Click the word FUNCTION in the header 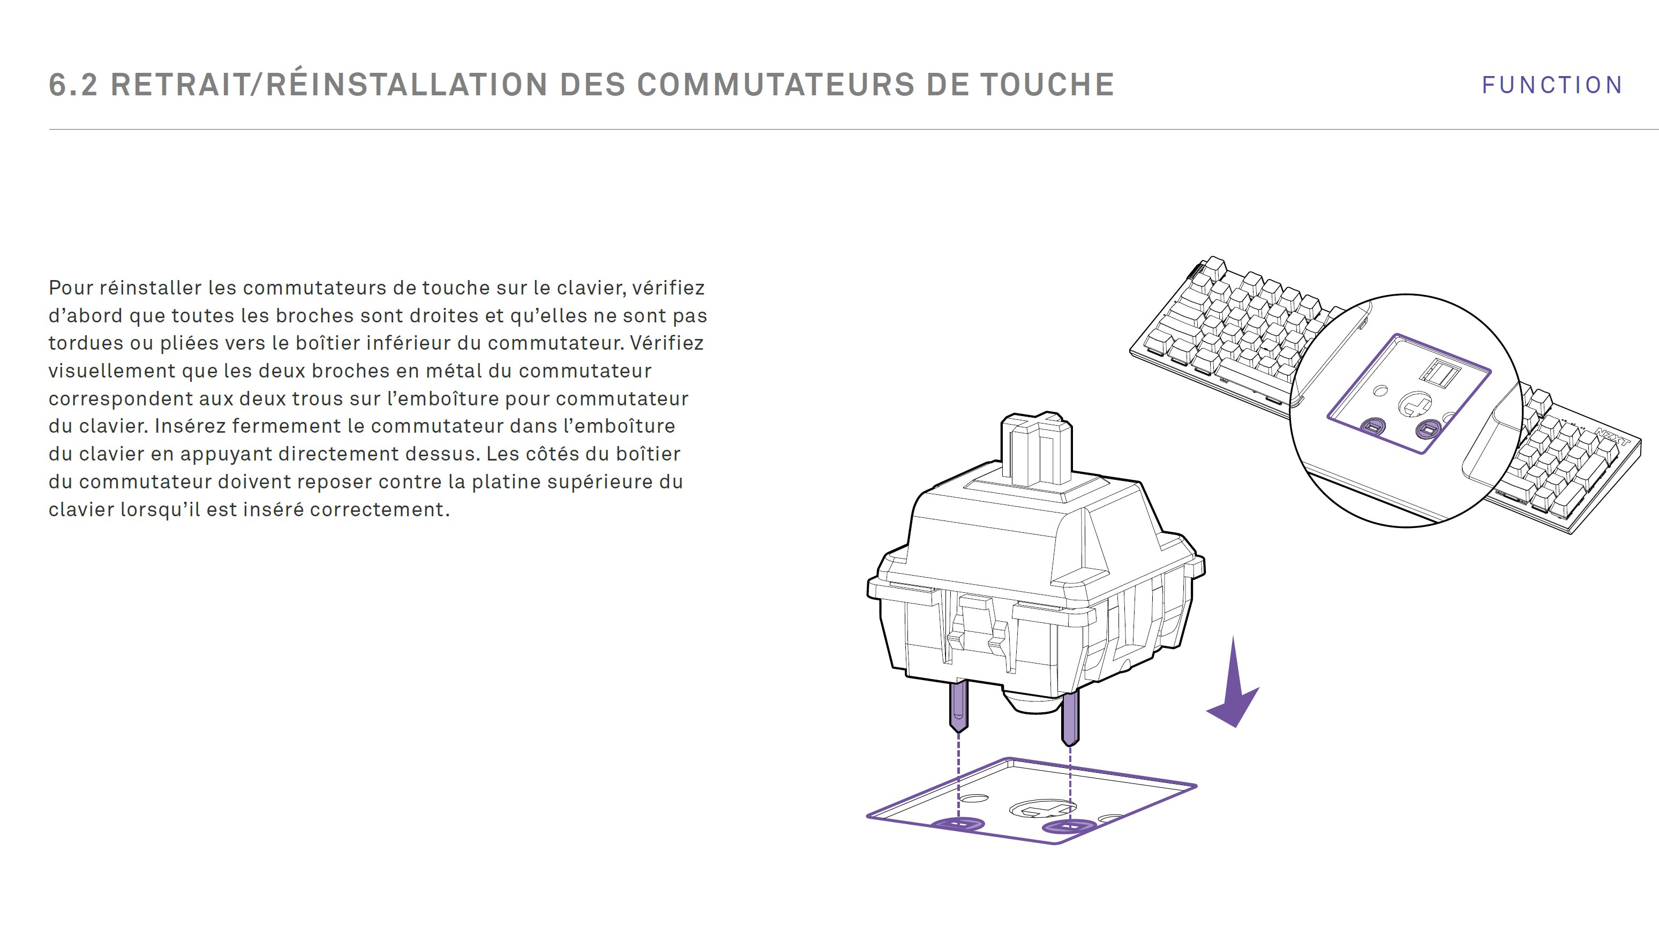pyautogui.click(x=1551, y=85)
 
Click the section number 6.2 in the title pyautogui.click(x=73, y=85)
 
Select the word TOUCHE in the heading pyautogui.click(x=1047, y=85)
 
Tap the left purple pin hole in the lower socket pyautogui.click(x=958, y=824)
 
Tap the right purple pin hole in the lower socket pyautogui.click(x=1069, y=826)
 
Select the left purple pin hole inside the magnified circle pyautogui.click(x=1372, y=426)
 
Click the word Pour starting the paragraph pyautogui.click(x=71, y=288)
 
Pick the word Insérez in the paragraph pyautogui.click(x=190, y=426)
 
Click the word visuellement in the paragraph pyautogui.click(x=112, y=371)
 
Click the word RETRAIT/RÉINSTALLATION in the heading pyautogui.click(x=329, y=85)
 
